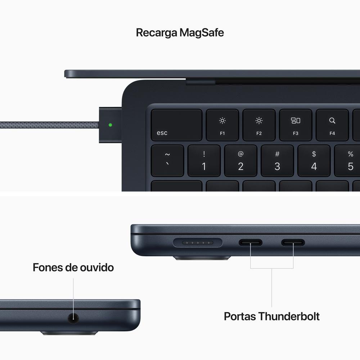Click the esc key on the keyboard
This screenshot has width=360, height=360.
(x=176, y=125)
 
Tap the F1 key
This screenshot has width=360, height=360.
(x=222, y=125)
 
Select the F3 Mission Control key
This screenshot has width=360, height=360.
(x=295, y=125)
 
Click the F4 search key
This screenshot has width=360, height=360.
(x=332, y=125)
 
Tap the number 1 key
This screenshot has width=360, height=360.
(x=204, y=161)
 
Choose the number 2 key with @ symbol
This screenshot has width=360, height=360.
(x=240, y=161)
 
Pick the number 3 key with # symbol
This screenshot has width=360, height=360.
(x=277, y=161)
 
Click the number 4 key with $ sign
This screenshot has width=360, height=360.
(x=314, y=161)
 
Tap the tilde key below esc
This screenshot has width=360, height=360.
(x=167, y=161)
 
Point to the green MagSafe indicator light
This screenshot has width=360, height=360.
(x=110, y=125)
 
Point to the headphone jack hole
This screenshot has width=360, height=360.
(x=73, y=318)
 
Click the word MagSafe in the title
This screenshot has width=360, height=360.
(x=202, y=33)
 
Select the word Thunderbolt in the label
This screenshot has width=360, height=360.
(x=289, y=316)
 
